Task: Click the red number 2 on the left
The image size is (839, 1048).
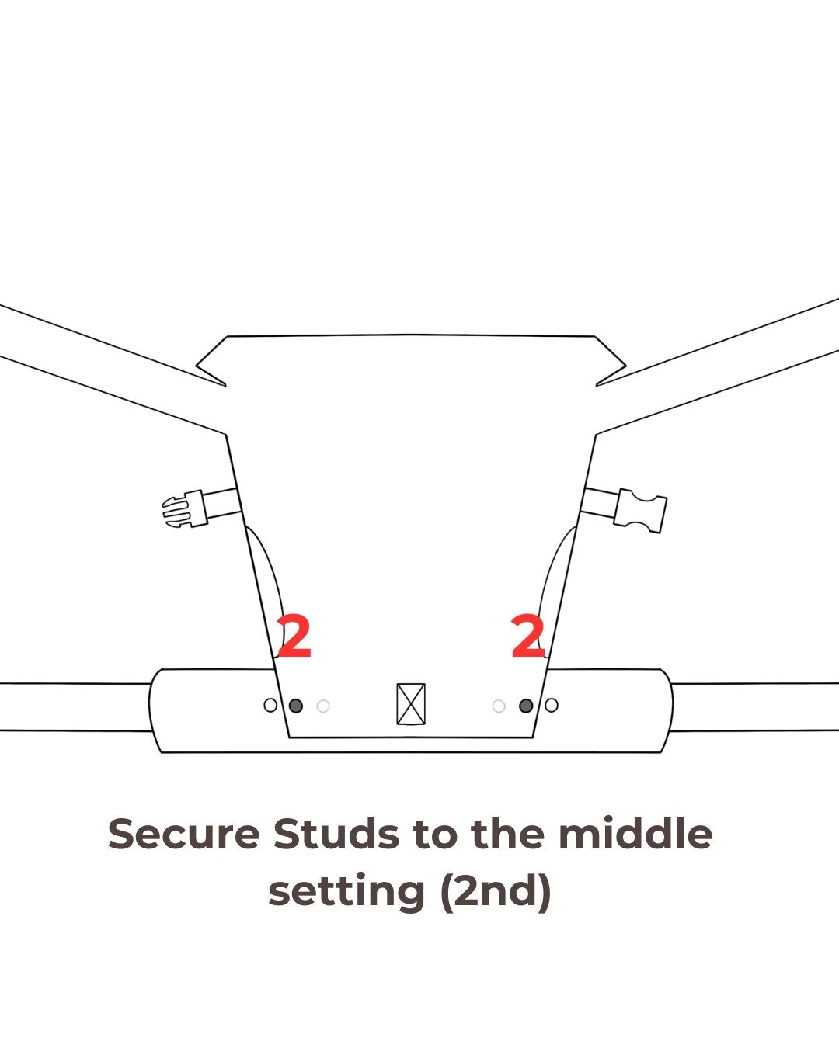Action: [294, 635]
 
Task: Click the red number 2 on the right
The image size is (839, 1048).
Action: [528, 635]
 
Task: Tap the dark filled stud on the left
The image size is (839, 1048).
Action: [296, 706]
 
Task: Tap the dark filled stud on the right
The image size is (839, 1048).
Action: [526, 706]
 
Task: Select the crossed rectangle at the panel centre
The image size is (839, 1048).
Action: [411, 703]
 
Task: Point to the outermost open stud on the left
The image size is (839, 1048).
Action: [270, 705]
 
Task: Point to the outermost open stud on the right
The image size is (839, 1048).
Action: [552, 705]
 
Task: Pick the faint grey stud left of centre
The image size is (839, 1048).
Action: [323, 706]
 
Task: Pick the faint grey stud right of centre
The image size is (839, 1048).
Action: [499, 706]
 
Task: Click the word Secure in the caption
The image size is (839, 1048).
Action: [184, 835]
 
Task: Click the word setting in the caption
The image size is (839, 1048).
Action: [346, 893]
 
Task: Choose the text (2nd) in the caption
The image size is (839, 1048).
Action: [496, 892]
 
